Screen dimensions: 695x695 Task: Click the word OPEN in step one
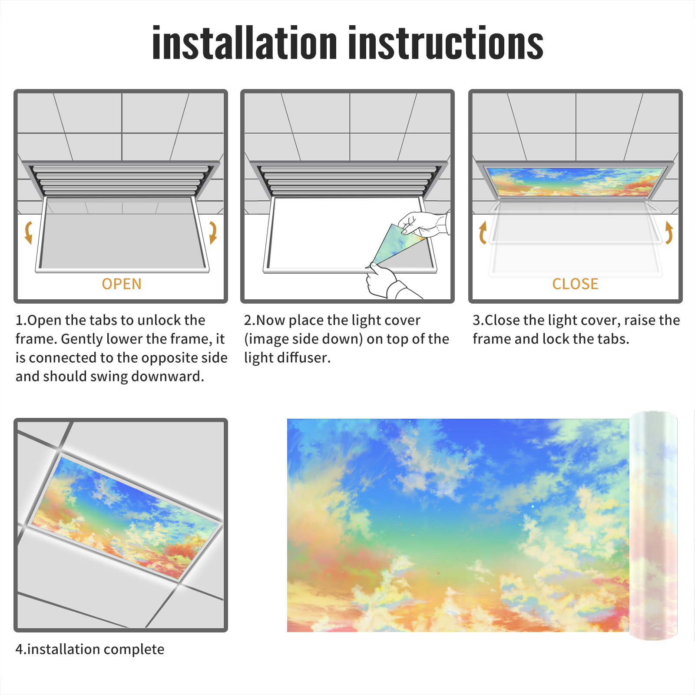click(122, 284)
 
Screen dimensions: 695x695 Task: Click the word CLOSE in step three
click(575, 284)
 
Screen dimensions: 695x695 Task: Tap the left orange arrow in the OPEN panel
click(29, 232)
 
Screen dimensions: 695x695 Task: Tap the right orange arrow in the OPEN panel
click(213, 232)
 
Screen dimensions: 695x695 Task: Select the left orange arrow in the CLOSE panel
click(482, 232)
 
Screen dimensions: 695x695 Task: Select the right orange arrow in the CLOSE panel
click(669, 232)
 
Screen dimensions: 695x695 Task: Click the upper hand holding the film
click(424, 225)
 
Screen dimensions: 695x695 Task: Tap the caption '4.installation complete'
click(90, 649)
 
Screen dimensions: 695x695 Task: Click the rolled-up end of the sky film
click(653, 526)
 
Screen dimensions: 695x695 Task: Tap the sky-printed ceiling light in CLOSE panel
click(575, 182)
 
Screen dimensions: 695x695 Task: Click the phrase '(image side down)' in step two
click(303, 339)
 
